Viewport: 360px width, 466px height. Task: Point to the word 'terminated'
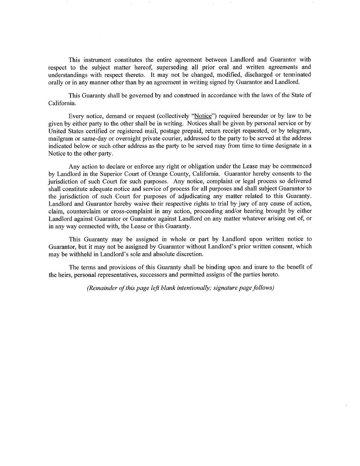[x=297, y=75]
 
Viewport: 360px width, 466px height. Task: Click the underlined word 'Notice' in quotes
[x=203, y=116]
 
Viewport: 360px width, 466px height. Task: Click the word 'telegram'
[x=297, y=131]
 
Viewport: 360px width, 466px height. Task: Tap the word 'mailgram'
[x=61, y=138]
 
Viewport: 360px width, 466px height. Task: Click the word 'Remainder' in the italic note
[x=103, y=288]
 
